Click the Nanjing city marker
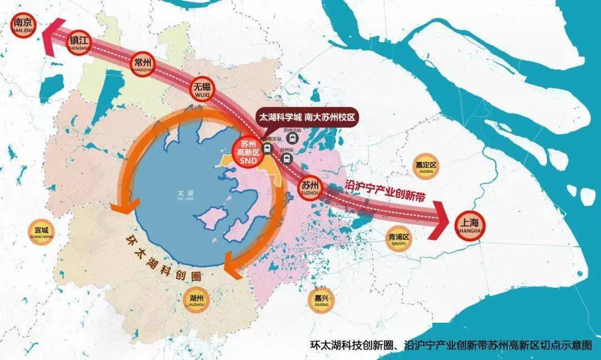(x=23, y=25)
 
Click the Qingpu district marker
(x=398, y=239)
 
